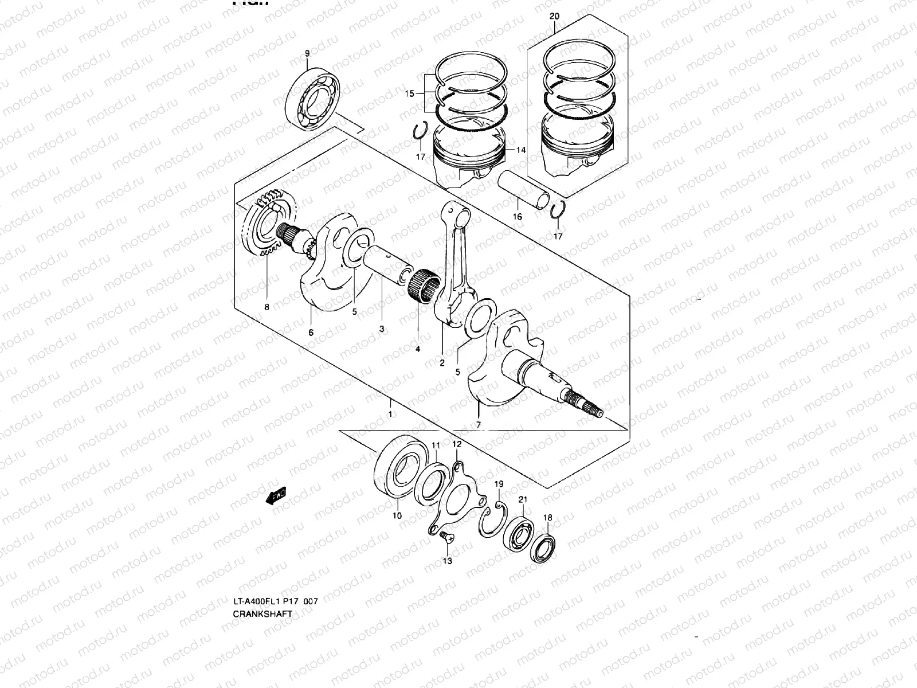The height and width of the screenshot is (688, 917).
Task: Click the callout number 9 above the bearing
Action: click(x=307, y=53)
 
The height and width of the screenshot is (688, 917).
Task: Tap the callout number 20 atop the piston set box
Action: click(x=554, y=17)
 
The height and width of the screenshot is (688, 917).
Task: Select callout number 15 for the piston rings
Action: click(x=409, y=93)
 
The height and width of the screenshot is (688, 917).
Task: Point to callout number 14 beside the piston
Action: click(x=520, y=150)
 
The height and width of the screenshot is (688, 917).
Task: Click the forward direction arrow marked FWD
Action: click(x=277, y=495)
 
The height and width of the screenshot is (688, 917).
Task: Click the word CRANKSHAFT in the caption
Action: click(x=262, y=613)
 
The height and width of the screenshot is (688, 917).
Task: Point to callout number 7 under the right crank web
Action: click(x=479, y=425)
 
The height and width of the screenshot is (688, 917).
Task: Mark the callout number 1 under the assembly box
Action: click(x=390, y=415)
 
